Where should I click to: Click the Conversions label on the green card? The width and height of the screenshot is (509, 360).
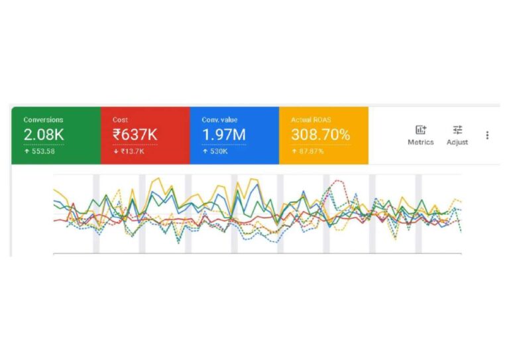43,120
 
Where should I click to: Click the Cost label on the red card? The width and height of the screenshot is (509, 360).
120,120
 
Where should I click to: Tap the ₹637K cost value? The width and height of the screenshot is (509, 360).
135,135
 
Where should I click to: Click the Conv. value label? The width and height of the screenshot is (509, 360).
219,120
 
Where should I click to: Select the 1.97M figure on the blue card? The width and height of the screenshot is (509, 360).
223,135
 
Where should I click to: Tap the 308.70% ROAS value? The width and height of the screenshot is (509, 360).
320,135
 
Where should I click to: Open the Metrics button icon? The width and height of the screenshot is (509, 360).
421,130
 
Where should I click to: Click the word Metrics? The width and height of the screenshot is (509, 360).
421,142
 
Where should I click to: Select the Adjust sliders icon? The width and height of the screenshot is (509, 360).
457,130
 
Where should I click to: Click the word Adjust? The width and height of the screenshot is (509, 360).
457,142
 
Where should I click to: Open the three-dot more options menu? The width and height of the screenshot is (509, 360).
487,135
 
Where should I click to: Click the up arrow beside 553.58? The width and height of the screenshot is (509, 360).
26,151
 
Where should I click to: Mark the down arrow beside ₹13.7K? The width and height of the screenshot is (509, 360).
115,151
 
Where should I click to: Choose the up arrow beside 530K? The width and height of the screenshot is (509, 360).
204,151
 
